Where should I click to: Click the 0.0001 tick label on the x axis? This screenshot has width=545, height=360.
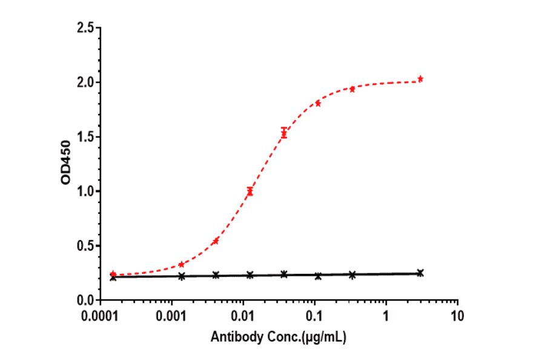[x=101, y=316]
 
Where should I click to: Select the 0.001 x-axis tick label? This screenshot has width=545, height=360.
[x=173, y=316]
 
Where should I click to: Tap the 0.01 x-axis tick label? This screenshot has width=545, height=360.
[x=243, y=316]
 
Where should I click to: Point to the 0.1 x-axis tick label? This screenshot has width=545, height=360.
[x=315, y=316]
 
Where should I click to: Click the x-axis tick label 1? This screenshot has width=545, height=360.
[x=386, y=316]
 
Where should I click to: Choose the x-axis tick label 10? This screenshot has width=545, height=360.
[x=458, y=316]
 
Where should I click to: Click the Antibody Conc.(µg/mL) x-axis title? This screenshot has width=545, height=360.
[x=279, y=337]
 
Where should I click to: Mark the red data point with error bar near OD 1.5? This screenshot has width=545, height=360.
[x=284, y=133]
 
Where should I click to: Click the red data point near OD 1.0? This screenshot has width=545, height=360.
[x=249, y=192]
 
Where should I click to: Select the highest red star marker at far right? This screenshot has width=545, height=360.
[x=420, y=79]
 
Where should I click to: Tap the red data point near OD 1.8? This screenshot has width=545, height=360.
[x=318, y=103]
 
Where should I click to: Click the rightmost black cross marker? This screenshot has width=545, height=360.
[x=420, y=273]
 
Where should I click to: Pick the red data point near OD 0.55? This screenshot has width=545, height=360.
[x=216, y=241]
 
